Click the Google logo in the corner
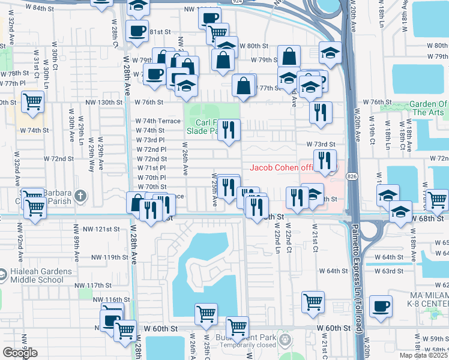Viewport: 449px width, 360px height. click(x=19, y=353)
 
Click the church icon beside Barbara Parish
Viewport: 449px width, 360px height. click(x=80, y=196)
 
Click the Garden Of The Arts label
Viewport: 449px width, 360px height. click(x=429, y=108)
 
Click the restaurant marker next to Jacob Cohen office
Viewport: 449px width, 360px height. click(x=325, y=161)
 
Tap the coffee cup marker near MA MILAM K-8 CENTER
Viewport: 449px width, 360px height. click(x=381, y=307)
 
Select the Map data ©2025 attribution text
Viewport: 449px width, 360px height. click(x=423, y=355)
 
